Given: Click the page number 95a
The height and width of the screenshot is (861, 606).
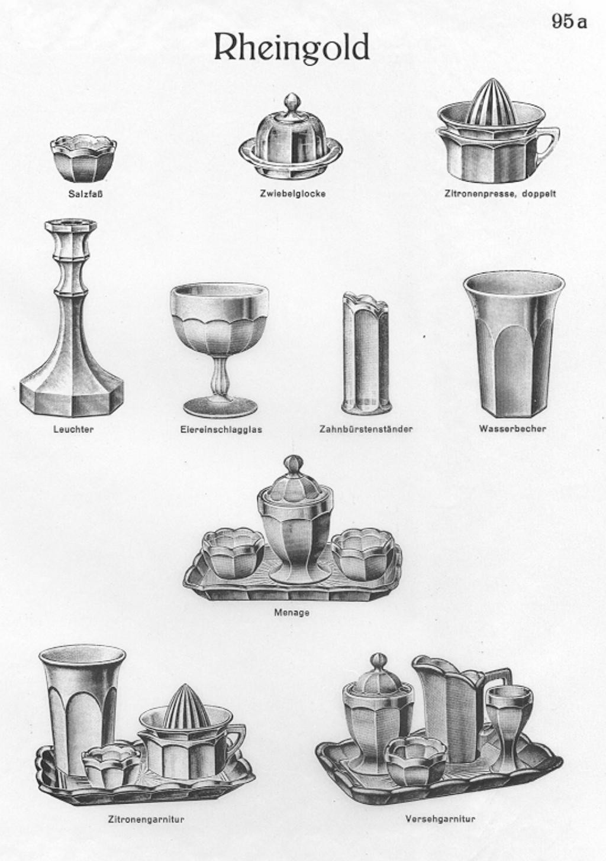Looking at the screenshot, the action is point(569,21).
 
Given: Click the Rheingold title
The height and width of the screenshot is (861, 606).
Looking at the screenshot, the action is point(291,48).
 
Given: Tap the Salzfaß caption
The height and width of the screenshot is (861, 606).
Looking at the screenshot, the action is point(85,194).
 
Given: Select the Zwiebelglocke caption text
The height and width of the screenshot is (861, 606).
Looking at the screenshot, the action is point(292,194).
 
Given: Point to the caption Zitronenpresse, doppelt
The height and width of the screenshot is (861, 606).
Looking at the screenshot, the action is point(500,194).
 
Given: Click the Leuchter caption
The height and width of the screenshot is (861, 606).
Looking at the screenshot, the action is point(73,429).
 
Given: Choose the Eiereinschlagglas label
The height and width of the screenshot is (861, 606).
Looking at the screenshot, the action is point(221,429).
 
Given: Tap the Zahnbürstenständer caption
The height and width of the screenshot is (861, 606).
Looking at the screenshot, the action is point(366,429).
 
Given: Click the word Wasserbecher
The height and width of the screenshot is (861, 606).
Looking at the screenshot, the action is point(512,428).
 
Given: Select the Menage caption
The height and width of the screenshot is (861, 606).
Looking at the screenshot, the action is point(292,612).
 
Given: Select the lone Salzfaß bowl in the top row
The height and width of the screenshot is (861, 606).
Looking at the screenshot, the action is point(83,158).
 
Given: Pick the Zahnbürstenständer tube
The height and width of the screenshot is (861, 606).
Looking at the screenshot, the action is point(366,354).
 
